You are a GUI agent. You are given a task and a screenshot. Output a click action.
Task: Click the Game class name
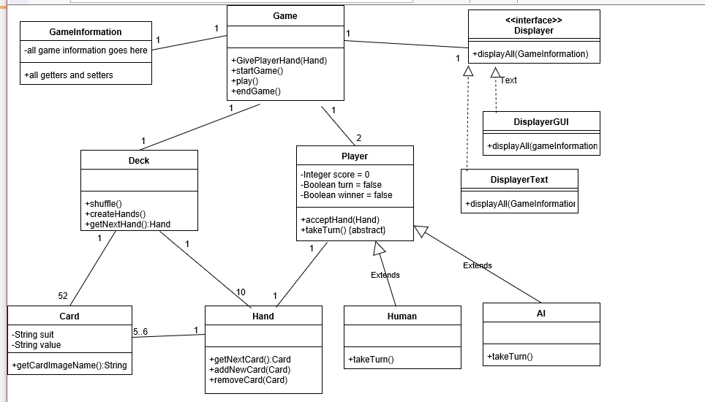pos(285,15)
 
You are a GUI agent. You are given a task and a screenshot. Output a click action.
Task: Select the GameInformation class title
pos(86,32)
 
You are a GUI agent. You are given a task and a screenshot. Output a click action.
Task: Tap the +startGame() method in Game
pos(257,71)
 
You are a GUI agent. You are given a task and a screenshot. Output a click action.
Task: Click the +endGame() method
pos(256,91)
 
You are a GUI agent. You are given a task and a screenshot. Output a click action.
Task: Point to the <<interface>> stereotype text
pos(534,20)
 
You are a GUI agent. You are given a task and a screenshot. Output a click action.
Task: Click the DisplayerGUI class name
pos(541,121)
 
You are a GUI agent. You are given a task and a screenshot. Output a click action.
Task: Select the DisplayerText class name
pos(519,180)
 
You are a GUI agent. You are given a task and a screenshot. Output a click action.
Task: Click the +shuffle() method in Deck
pos(104,203)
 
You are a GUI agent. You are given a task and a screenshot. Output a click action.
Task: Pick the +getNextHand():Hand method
pos(128,224)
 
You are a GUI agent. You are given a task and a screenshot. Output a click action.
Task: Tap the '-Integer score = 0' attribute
pos(335,175)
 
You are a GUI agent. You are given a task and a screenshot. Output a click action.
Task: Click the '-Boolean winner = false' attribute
pos(347,195)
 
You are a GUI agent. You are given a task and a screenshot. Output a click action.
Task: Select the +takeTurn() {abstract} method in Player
pos(343,230)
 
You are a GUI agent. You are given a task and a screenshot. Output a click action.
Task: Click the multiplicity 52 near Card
pos(63,296)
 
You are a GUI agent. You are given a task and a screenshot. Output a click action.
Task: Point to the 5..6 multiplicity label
pos(140,332)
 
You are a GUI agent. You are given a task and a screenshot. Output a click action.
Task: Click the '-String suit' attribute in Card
pos(33,335)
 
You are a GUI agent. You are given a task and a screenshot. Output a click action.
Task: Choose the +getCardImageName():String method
pos(69,365)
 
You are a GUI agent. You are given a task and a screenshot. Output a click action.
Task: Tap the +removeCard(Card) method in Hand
pos(249,379)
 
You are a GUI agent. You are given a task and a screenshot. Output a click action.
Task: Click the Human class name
pos(402,316)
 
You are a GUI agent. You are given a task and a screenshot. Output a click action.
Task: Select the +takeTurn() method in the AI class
pos(510,357)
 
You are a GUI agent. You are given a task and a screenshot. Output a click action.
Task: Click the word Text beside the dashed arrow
pos(508,80)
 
